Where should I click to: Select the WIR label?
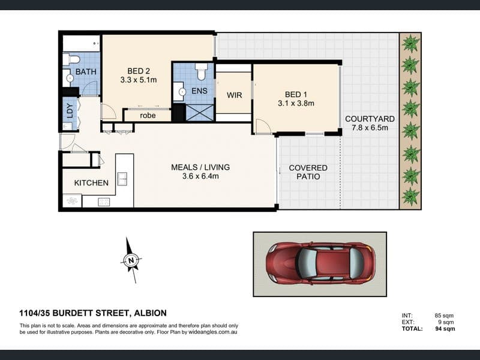point(234,95)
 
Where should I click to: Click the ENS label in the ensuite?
point(199,91)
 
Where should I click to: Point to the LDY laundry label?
point(70,111)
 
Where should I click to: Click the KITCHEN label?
point(91,183)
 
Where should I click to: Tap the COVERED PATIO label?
point(308,172)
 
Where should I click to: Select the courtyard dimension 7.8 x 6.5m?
point(370,128)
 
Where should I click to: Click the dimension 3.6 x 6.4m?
point(200,176)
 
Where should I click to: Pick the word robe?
point(148,115)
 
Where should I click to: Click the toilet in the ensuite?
point(201,71)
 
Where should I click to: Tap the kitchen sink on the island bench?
point(122,179)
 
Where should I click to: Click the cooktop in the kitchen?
point(104,202)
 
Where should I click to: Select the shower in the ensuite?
point(200,112)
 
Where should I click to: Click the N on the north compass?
point(131,261)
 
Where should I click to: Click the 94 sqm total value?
point(445,329)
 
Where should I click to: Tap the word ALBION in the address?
point(151,313)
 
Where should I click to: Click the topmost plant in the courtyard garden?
point(410,43)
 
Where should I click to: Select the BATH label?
point(86,71)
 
